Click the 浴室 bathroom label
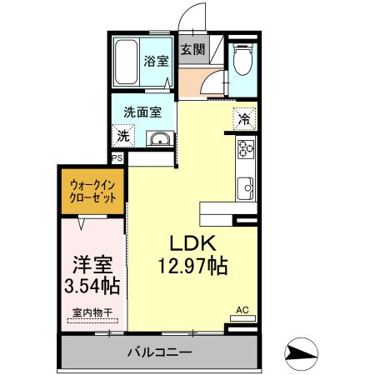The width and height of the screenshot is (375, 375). pos(156,61)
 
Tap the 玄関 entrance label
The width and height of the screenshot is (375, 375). pos(194,49)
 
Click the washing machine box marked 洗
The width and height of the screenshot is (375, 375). pos(123,136)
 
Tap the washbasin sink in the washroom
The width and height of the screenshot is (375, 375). pos(159,138)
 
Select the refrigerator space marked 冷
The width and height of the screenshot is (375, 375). pos(244,118)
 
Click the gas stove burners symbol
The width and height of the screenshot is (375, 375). pos(246,150)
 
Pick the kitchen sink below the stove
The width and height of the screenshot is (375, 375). pos(246,187)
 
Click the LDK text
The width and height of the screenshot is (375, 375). pos(193,243)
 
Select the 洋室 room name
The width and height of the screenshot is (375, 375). pos(92,264)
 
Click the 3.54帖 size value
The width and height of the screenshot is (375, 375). pos(92,286)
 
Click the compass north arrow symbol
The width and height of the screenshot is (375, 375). pos(302,354)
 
